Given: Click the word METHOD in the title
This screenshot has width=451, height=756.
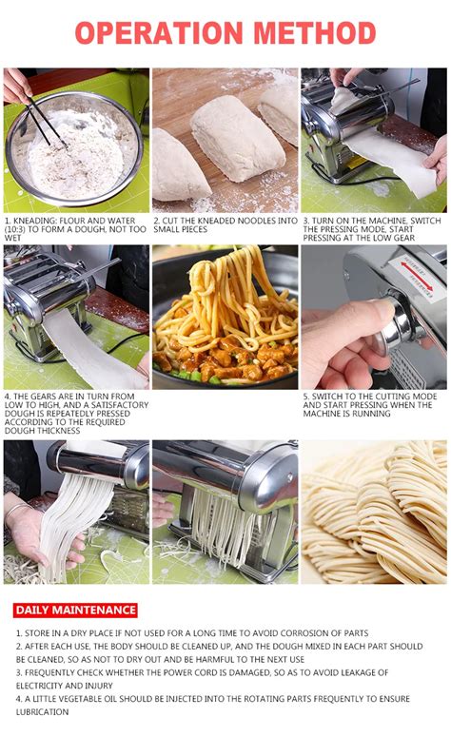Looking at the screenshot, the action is pyautogui.click(x=315, y=32).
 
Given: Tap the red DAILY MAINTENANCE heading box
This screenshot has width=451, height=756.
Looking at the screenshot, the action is pyautogui.click(x=75, y=611).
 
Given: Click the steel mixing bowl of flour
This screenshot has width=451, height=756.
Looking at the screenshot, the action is pyautogui.click(x=75, y=149).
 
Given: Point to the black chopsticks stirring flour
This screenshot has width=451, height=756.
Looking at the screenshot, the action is pyautogui.click(x=45, y=121).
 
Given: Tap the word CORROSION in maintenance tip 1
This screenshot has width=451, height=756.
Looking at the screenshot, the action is pyautogui.click(x=306, y=633).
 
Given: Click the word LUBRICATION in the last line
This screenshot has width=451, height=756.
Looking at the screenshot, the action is pyautogui.click(x=43, y=712).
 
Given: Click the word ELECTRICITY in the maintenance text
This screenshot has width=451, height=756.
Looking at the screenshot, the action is pyautogui.click(x=39, y=686).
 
